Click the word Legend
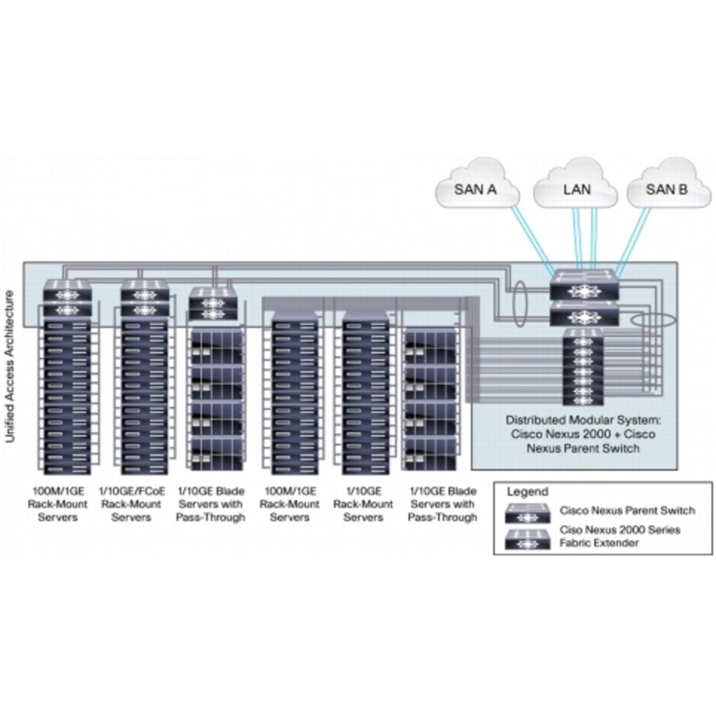tap(527, 492)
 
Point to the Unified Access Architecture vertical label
tap(10, 366)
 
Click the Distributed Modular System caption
tap(583, 434)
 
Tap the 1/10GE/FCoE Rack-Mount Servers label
tap(131, 504)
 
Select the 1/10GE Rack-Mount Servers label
tap(363, 504)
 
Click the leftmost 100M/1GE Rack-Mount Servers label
tap(58, 504)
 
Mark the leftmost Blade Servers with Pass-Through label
tap(211, 504)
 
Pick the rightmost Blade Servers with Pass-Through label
tap(443, 504)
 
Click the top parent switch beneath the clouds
tap(585, 285)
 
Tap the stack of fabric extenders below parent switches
tap(585, 367)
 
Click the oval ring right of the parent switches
tap(651, 320)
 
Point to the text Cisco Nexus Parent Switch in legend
tap(627, 511)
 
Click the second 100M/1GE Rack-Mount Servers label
tap(290, 504)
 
